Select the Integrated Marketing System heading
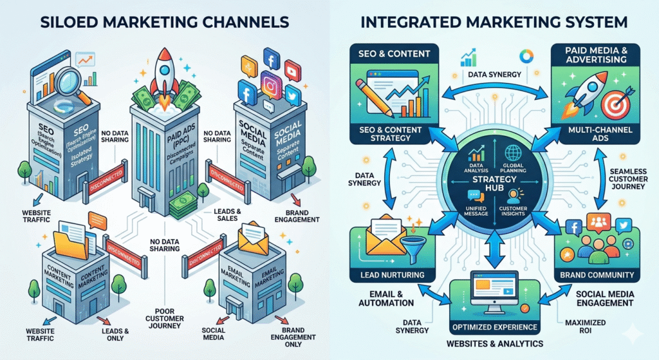point(495,21)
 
